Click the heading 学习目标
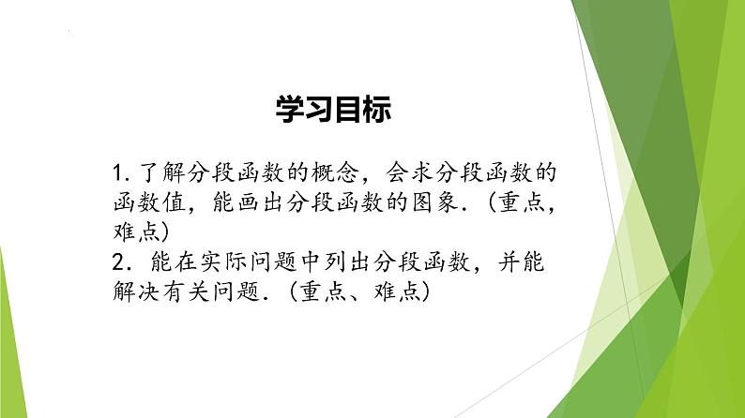[x=334, y=109]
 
